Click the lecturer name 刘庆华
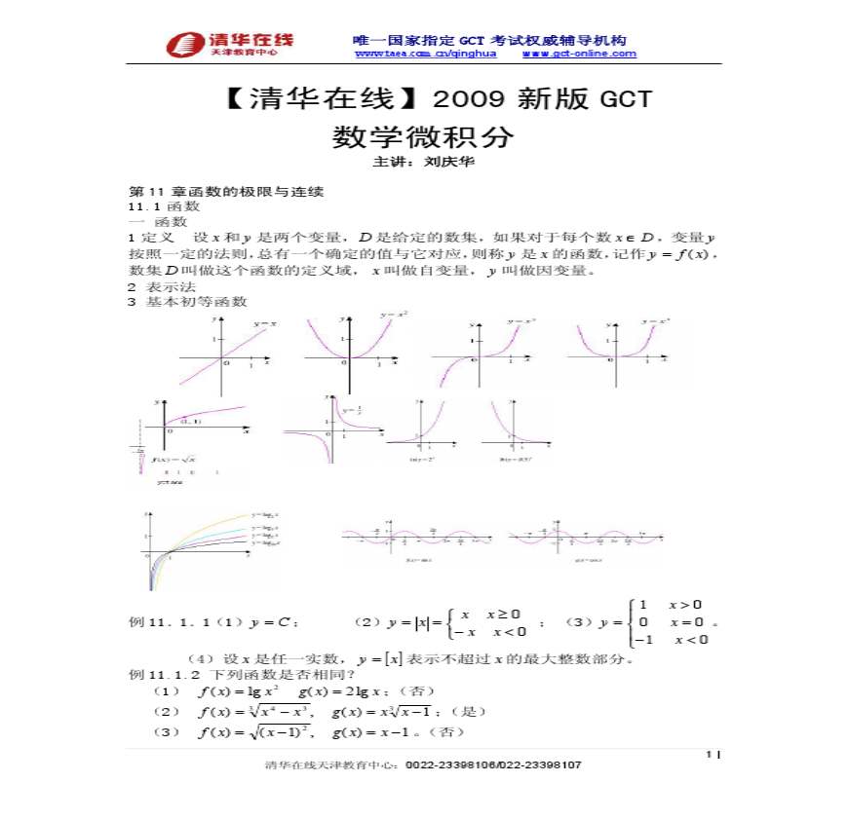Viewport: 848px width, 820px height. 450,163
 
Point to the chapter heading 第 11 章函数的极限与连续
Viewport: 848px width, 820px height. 226,191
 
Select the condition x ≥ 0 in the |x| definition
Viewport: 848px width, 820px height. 504,614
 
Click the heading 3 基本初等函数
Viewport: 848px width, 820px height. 187,302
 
